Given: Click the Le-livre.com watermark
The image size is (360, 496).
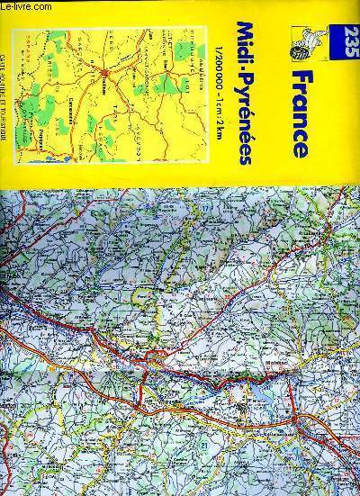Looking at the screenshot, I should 27,6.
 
